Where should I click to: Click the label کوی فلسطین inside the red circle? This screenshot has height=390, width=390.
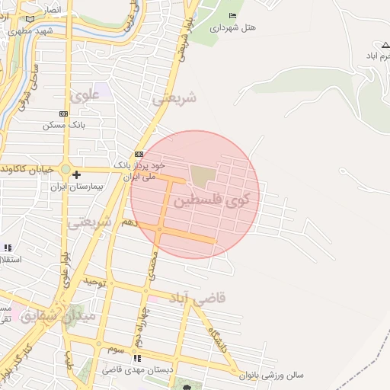point(216,200)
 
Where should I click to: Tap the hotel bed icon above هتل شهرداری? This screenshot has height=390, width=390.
point(232,15)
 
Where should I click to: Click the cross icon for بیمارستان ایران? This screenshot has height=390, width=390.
point(76,174)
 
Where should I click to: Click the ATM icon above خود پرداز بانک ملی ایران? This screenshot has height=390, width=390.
point(139,154)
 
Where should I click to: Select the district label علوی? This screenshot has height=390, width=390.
point(85,97)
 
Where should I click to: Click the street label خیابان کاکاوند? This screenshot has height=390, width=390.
point(27,168)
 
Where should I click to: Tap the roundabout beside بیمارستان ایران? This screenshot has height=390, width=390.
point(66,169)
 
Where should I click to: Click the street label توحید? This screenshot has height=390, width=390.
point(92,281)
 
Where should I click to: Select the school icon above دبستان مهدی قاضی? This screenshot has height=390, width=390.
point(137,358)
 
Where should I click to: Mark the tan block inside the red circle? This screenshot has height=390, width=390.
point(202,176)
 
